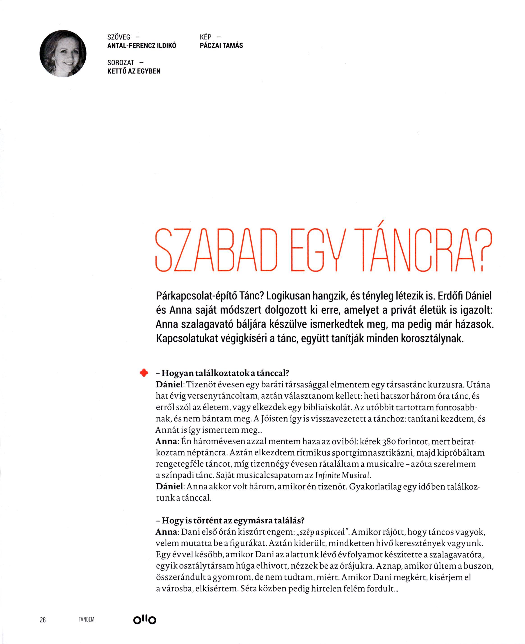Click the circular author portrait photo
63,53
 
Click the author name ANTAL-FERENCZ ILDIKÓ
142,46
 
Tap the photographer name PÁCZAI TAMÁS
221,46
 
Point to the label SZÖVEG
119,37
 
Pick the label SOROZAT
121,63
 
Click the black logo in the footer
145,620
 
